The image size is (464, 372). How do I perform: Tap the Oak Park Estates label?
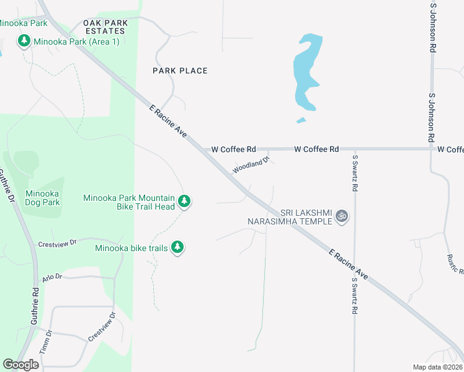click(x=107, y=27)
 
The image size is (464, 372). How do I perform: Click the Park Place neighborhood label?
click(x=180, y=71)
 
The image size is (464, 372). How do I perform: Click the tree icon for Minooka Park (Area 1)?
click(x=24, y=42)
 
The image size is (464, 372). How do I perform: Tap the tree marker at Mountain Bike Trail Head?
click(x=184, y=201)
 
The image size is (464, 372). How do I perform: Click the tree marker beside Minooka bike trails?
click(x=178, y=248)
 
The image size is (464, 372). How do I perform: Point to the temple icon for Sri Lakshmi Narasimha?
click(x=341, y=216)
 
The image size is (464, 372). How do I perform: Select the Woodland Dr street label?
click(x=251, y=165)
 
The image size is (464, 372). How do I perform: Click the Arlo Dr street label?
click(x=52, y=278)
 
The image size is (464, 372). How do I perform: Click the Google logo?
click(x=21, y=365)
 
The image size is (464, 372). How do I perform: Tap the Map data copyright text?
click(x=437, y=367)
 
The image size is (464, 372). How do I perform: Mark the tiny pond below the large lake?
click(x=301, y=120)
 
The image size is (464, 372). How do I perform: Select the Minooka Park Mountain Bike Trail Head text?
click(x=130, y=202)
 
